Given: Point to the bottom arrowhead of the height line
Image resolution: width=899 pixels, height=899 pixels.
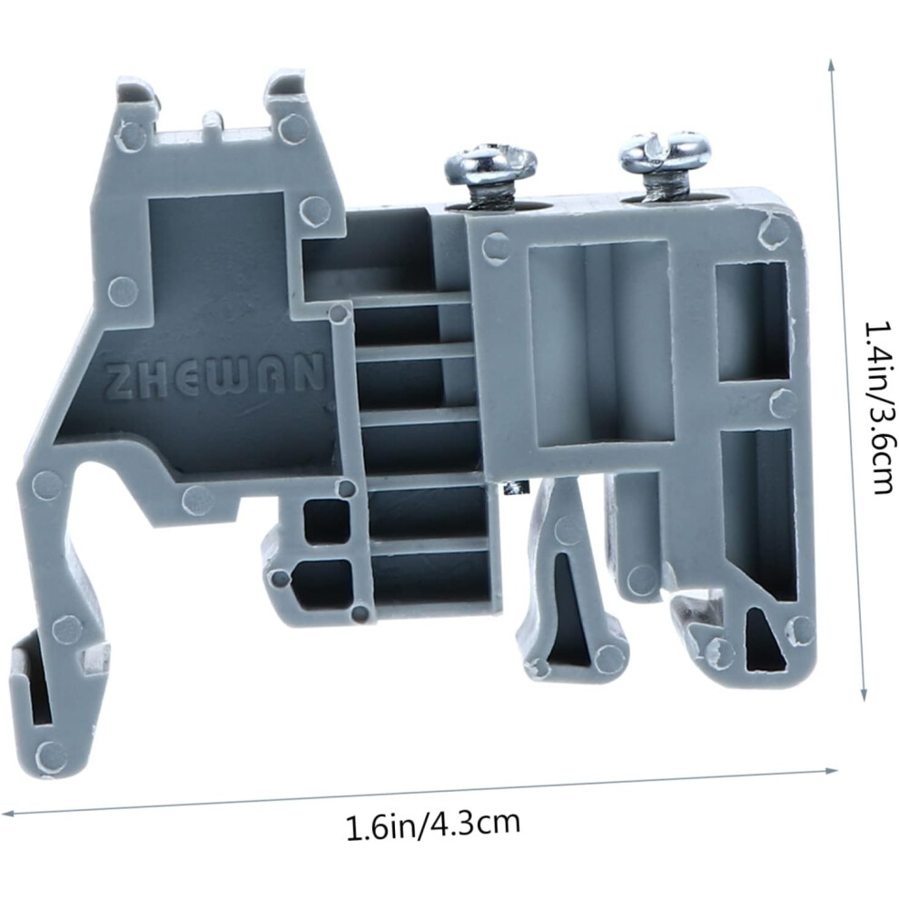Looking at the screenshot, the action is [864, 695].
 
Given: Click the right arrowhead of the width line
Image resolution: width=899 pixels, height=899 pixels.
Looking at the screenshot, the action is [833, 770].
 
